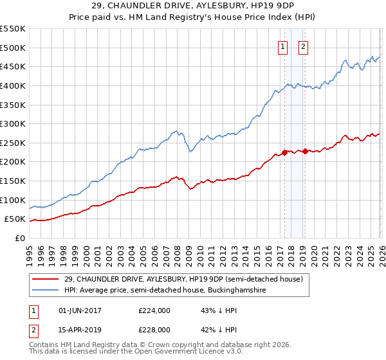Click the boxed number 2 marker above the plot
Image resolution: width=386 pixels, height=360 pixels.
click(303, 46)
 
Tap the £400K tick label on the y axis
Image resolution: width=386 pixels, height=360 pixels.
click(12, 85)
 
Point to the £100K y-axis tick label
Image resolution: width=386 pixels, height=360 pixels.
click(12, 200)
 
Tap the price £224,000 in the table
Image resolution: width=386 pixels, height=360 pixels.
click(154, 310)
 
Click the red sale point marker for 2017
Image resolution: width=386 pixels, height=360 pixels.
click(284, 152)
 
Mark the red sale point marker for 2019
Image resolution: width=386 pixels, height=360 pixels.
click(305, 151)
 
